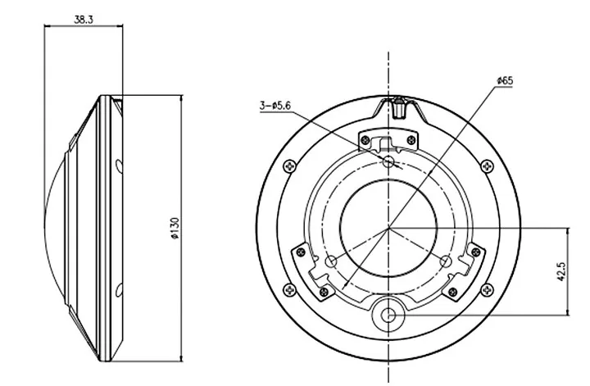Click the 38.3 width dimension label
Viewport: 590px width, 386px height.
coord(83,20)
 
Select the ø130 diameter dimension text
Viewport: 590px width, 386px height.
coord(175,228)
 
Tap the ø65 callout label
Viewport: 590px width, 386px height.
coord(505,80)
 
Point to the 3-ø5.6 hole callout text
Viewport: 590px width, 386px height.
coord(275,106)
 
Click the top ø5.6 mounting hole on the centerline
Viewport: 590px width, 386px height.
coord(388,162)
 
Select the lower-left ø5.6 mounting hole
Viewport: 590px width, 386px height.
coord(331,261)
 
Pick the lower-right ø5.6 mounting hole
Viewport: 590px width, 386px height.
coord(446,261)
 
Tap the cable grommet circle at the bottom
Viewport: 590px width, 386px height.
coord(388,315)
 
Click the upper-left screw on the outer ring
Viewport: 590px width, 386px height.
coord(290,166)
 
